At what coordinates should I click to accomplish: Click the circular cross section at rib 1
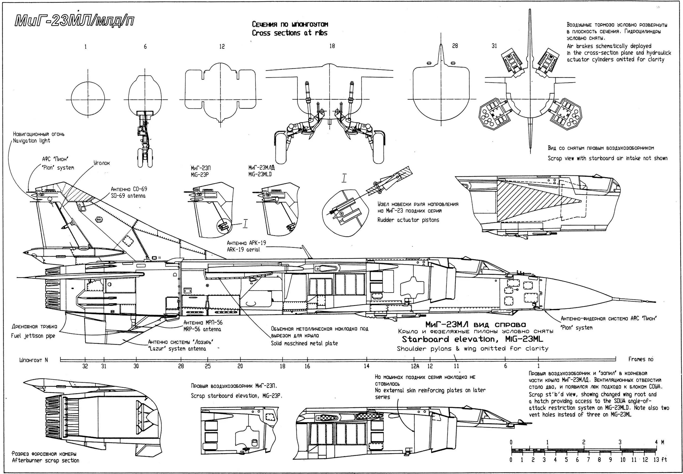(x=88, y=100)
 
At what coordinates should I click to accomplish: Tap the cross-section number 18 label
(x=332, y=46)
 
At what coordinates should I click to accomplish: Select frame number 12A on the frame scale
(x=415, y=366)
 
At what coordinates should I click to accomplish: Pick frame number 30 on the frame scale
(x=136, y=366)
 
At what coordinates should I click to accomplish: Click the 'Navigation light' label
(x=31, y=141)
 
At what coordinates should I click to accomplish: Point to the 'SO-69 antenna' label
(x=128, y=196)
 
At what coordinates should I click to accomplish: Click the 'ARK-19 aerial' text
(x=243, y=249)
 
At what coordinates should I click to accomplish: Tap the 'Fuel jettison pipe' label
(x=33, y=336)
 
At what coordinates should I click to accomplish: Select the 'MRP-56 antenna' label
(x=202, y=329)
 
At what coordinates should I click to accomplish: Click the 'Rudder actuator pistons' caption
(x=408, y=220)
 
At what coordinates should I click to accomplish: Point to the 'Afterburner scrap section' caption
(x=45, y=461)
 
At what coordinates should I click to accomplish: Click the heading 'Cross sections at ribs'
(x=289, y=33)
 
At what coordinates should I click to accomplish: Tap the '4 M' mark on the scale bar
(x=659, y=442)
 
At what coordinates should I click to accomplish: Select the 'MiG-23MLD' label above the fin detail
(x=260, y=174)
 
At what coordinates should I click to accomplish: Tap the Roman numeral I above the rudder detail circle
(x=344, y=178)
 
